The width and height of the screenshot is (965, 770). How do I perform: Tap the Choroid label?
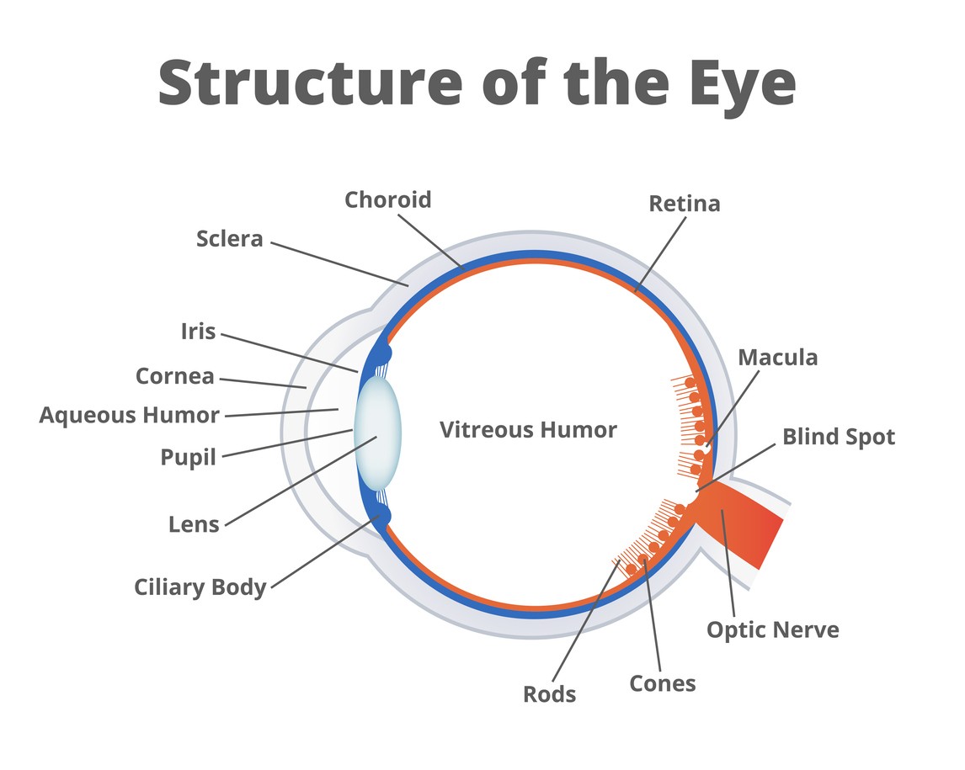pos(387,200)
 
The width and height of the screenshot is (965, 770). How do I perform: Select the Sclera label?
pos(230,239)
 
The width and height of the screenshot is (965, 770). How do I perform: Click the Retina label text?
pos(684,204)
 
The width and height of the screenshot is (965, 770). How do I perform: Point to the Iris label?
pos(198,332)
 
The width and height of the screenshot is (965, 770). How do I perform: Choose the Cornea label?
pos(175,376)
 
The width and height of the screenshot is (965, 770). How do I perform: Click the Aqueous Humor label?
pos(130,415)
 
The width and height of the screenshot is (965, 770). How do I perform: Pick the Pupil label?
pos(189,458)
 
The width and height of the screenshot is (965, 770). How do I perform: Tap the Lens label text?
pos(194,524)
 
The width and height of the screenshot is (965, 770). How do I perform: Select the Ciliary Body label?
pos(200,587)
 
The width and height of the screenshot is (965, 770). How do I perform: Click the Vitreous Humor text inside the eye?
pos(528,430)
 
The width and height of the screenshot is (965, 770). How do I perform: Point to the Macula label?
pos(777,358)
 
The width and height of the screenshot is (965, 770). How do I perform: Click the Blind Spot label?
pos(839,437)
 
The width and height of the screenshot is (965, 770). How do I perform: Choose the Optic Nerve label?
pos(772,629)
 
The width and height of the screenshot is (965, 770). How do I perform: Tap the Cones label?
pos(663,683)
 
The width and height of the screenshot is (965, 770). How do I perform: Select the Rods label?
pos(550,694)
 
